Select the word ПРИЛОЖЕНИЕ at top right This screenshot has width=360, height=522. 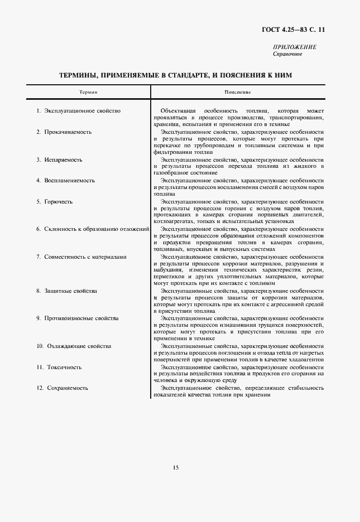[295, 47]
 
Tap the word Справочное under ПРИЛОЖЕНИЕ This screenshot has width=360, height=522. [287, 54]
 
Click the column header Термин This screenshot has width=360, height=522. [88, 91]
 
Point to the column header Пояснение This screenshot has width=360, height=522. [238, 91]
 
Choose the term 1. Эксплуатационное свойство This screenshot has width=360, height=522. [79, 111]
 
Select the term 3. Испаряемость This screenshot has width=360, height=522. [60, 160]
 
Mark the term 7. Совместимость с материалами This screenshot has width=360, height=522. [81, 257]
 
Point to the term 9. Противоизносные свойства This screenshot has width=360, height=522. [78, 318]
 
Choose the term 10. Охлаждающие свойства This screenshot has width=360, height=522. [74, 346]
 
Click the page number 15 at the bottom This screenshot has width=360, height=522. [175, 468]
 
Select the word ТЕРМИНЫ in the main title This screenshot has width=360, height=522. [81, 75]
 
